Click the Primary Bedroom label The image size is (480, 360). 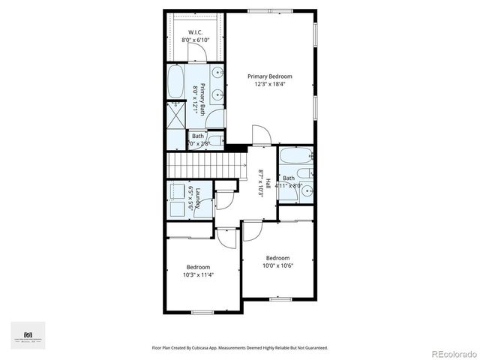(x=270, y=76)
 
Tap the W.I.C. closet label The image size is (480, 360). (x=195, y=32)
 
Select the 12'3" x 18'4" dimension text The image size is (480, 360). (x=270, y=84)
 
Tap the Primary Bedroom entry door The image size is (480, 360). (x=262, y=136)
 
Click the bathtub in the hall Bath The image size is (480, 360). (x=292, y=157)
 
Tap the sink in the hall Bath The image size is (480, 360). (x=306, y=191)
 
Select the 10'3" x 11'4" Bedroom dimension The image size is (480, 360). (x=199, y=274)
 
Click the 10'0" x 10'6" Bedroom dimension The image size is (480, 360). (x=277, y=265)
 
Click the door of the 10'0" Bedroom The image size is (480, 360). (x=251, y=231)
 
